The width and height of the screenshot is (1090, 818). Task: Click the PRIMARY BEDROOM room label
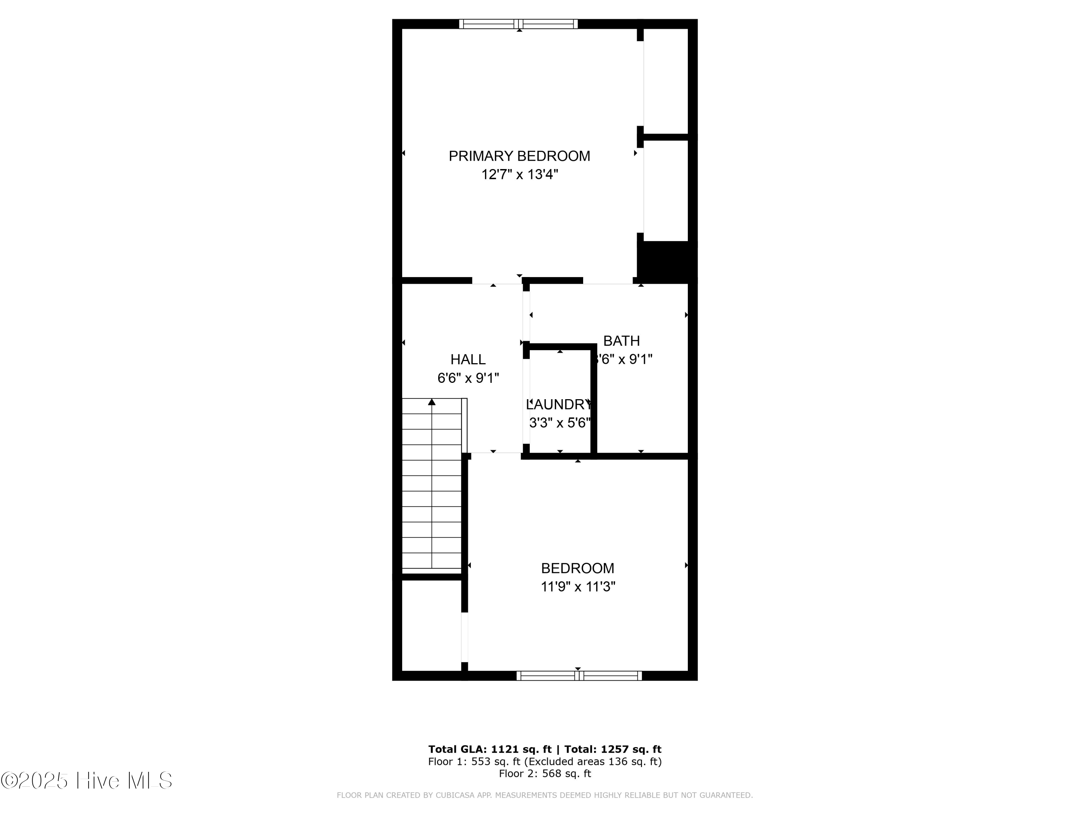tap(519, 156)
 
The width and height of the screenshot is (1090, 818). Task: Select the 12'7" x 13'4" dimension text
tap(519, 175)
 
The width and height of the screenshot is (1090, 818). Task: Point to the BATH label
tap(621, 341)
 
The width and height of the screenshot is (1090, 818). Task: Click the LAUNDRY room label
tap(559, 404)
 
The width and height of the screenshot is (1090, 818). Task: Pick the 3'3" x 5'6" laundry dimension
tap(559, 422)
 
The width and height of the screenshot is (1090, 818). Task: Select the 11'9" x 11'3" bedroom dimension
tap(578, 587)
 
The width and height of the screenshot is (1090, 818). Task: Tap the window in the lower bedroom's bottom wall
tap(578, 675)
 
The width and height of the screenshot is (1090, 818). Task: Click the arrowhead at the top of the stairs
tap(432, 402)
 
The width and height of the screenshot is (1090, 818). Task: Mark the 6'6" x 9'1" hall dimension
tap(468, 378)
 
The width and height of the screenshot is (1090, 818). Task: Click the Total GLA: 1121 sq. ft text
tap(489, 749)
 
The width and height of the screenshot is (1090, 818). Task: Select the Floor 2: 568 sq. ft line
tap(545, 773)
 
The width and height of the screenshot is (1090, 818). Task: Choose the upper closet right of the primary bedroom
tap(665, 81)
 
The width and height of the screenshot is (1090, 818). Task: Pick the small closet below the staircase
tap(431, 625)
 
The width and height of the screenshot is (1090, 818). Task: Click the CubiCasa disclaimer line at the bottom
tap(545, 795)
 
